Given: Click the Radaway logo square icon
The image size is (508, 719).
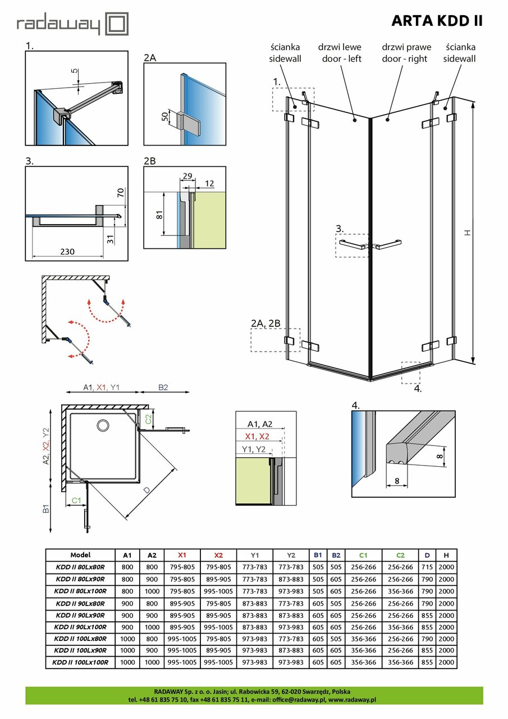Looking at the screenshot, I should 117,24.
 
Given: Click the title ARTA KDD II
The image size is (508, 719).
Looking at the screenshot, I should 436,21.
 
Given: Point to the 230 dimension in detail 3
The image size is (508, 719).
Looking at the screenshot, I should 67,252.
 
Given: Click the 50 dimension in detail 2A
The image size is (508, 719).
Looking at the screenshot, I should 164,117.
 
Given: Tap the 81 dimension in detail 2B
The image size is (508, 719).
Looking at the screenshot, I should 159,214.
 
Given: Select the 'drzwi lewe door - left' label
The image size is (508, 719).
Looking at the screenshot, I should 340,53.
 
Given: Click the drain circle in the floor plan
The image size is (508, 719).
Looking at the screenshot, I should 103,425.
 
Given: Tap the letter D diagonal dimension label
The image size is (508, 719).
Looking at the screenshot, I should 147,490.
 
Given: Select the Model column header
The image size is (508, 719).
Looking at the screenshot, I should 80,554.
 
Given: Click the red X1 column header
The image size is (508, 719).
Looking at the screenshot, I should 182,555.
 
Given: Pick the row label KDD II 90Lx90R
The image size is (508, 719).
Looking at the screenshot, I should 81,615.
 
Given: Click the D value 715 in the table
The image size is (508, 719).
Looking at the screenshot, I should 427,567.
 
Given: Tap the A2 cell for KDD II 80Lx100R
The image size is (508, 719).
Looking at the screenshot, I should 152,591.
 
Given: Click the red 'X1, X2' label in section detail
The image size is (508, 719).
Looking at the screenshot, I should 258,436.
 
